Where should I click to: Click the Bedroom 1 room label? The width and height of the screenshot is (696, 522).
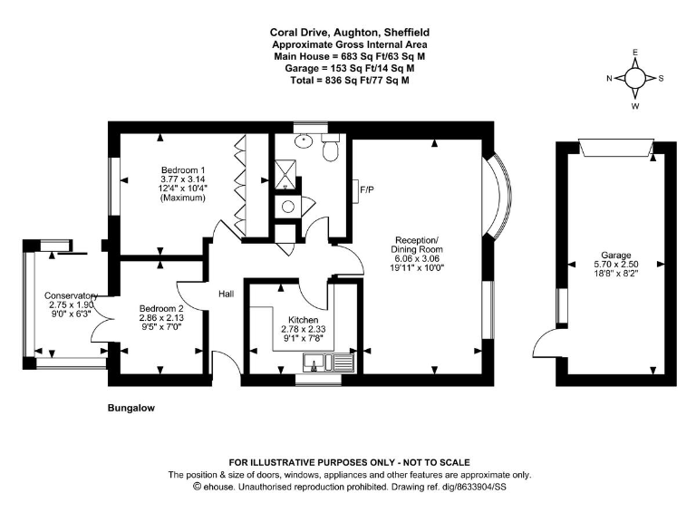tap(183, 170)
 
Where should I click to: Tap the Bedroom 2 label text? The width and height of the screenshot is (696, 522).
tap(161, 308)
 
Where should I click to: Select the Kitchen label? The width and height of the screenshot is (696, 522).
tap(304, 320)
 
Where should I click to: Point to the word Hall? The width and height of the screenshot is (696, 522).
tap(226, 294)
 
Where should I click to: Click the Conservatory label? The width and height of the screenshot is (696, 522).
tap(71, 295)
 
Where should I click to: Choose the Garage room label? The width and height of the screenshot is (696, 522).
tap(616, 256)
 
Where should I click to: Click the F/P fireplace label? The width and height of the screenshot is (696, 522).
tap(367, 190)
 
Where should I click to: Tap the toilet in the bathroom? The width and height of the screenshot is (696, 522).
tap(331, 149)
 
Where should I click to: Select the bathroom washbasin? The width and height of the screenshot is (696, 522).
tap(304, 140)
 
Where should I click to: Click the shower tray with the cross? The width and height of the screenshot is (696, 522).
tap(285, 174)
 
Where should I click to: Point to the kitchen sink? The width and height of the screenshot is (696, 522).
tap(329, 362)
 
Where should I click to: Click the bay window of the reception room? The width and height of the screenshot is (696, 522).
tap(500, 196)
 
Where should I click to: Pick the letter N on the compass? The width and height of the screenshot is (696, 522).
tap(609, 79)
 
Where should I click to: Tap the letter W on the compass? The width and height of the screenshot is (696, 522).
tap(635, 106)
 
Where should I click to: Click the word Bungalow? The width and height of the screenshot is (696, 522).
tap(131, 408)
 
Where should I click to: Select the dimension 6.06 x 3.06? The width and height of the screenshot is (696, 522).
tap(416, 259)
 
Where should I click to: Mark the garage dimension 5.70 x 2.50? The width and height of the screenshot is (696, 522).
tap(616, 265)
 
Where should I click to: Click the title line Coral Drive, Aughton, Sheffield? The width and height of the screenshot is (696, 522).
tap(350, 33)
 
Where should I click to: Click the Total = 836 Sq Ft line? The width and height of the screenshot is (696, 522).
tap(350, 81)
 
